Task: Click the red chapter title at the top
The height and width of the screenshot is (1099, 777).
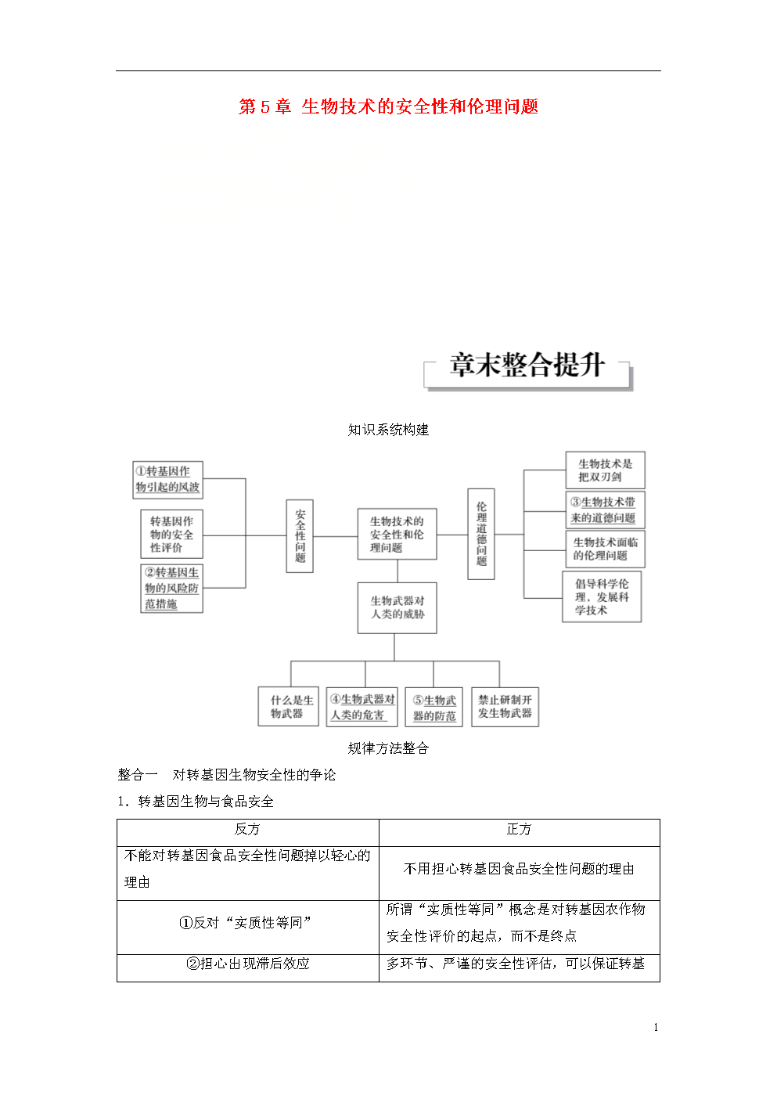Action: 388,106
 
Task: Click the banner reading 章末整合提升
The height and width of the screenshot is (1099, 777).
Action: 527,366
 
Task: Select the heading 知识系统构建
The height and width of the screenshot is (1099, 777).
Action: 388,430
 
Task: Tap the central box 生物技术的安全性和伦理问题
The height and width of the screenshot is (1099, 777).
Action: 397,535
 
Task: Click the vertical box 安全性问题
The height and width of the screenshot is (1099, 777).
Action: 300,536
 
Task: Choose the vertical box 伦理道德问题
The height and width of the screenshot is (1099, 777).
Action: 481,534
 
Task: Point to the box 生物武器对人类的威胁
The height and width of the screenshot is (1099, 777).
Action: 397,607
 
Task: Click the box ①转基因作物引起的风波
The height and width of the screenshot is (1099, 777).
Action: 167,479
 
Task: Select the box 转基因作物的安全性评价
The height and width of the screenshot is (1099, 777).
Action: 171,535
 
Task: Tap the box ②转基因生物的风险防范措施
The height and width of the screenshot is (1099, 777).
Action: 171,589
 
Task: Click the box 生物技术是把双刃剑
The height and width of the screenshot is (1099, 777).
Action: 605,470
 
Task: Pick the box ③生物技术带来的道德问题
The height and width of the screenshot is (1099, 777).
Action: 605,510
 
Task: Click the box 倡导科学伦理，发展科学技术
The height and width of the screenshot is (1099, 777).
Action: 602,596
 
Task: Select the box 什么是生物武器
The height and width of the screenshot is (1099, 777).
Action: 288,707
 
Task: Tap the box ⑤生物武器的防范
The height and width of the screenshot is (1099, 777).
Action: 434,708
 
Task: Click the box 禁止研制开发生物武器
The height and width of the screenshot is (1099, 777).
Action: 505,707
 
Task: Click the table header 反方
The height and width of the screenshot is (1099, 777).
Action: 247,830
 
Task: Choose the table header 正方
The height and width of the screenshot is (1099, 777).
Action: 519,830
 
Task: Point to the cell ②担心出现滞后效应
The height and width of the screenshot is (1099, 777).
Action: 247,964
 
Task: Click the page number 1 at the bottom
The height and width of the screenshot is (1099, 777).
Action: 656,1028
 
